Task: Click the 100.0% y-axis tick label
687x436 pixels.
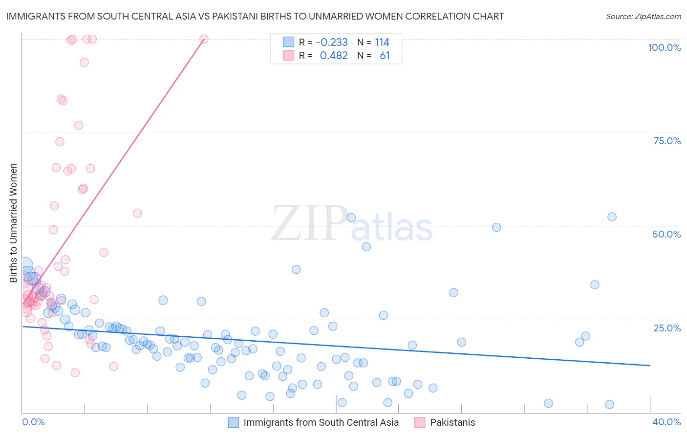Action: pyautogui.click(x=664, y=47)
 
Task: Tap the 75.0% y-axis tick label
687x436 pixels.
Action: pyautogui.click(x=667, y=141)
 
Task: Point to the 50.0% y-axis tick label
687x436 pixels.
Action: pyautogui.click(x=666, y=234)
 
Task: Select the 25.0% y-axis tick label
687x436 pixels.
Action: pyautogui.click(x=667, y=327)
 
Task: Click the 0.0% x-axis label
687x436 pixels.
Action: pyautogui.click(x=33, y=422)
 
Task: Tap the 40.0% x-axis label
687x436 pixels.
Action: pyautogui.click(x=666, y=422)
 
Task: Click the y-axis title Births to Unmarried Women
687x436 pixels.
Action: pyautogui.click(x=13, y=223)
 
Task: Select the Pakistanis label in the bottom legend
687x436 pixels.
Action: pyautogui.click(x=452, y=422)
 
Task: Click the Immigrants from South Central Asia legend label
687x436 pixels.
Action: pyautogui.click(x=321, y=422)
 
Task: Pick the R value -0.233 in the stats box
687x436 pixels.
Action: pyautogui.click(x=332, y=43)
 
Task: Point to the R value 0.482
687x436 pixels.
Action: pyautogui.click(x=334, y=56)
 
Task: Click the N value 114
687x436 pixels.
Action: pyautogui.click(x=382, y=43)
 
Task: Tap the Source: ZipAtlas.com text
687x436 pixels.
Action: pyautogui.click(x=644, y=17)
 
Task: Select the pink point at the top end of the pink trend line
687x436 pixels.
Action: pyautogui.click(x=204, y=39)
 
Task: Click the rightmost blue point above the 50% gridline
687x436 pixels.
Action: pyautogui.click(x=612, y=217)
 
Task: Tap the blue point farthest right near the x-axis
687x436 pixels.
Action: pyautogui.click(x=609, y=404)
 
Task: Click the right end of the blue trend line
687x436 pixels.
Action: pyautogui.click(x=650, y=365)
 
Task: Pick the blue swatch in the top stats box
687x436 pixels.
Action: pyautogui.click(x=289, y=42)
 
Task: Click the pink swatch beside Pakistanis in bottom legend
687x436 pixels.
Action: pyautogui.click(x=419, y=422)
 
